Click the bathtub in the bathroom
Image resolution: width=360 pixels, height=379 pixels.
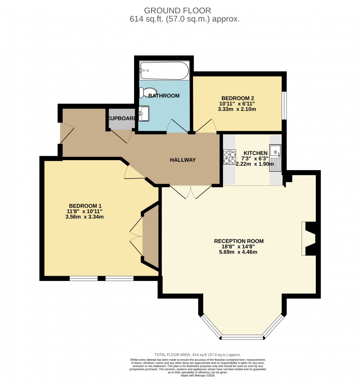(x=164, y=71)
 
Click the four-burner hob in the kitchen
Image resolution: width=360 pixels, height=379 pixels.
(x=230, y=157)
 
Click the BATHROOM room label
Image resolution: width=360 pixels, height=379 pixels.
(x=164, y=96)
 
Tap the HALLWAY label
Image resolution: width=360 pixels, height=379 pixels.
(x=183, y=160)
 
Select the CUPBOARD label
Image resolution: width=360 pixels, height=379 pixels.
(x=122, y=118)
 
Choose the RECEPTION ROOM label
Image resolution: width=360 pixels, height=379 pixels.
(x=239, y=241)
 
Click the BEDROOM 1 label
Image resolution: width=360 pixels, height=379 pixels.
(x=85, y=206)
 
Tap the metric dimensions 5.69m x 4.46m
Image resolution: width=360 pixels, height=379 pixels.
(x=239, y=252)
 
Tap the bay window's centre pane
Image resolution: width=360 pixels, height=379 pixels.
(x=242, y=337)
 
